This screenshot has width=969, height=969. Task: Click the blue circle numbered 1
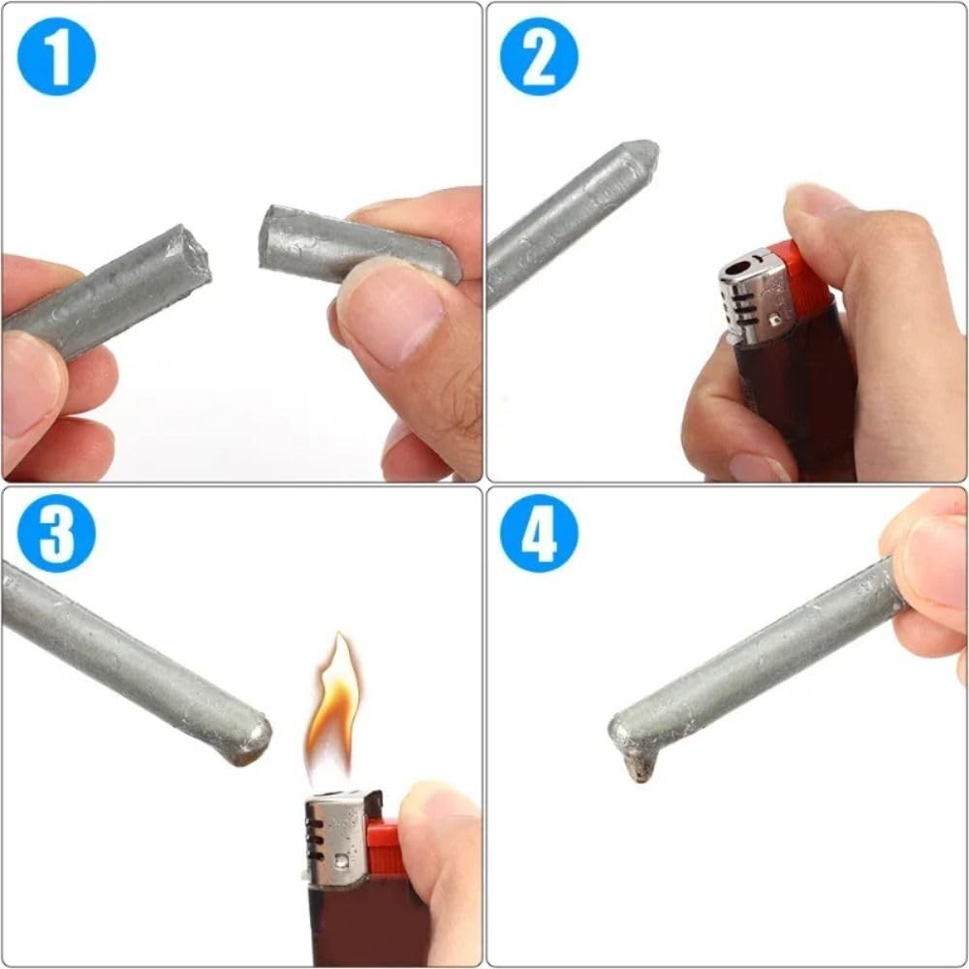point(56,55)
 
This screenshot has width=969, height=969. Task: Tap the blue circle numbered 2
point(539,55)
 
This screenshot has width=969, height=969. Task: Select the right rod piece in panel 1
point(349,244)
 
